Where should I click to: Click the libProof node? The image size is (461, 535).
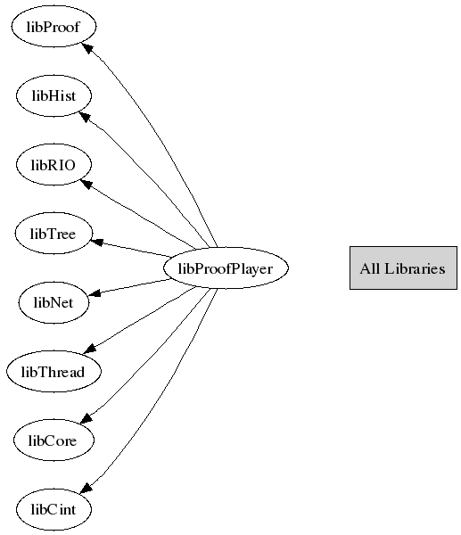(x=54, y=26)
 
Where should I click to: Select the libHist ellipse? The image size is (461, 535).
(x=54, y=95)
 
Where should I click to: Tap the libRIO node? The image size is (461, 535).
(x=54, y=164)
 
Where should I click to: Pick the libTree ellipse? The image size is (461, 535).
(x=54, y=234)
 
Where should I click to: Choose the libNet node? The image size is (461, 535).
(x=54, y=302)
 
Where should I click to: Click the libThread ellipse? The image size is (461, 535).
(x=54, y=371)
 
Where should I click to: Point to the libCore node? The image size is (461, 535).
(x=54, y=440)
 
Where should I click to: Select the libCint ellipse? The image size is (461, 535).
(x=54, y=509)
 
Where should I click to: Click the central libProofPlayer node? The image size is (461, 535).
(x=226, y=268)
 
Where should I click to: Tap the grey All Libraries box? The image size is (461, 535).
(x=403, y=268)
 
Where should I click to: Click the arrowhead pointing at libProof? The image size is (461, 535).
(x=87, y=48)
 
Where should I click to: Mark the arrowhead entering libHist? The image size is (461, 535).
(x=86, y=117)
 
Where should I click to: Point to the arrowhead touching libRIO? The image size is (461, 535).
(x=86, y=185)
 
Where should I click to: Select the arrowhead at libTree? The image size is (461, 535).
(x=97, y=242)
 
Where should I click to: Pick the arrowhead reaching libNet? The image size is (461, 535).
(x=95, y=292)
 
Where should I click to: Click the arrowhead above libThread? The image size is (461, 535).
(x=90, y=349)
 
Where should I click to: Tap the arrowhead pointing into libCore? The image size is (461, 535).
(x=86, y=417)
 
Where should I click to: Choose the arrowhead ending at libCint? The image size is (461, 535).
(x=86, y=487)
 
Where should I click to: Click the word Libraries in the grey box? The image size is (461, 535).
(x=415, y=268)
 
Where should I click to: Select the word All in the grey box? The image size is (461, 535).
(x=370, y=268)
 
